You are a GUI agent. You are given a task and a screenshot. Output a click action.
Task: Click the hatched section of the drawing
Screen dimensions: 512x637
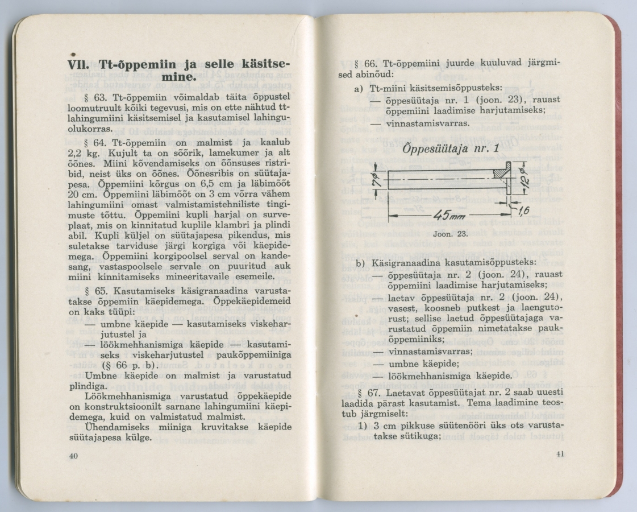click(x=502, y=170)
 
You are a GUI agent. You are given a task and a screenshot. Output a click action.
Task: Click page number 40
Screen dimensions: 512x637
click(x=73, y=456)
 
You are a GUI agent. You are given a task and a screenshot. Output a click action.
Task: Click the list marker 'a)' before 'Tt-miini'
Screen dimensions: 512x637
click(x=359, y=89)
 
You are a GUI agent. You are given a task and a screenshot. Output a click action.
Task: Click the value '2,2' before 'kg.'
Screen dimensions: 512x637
click(x=77, y=153)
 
